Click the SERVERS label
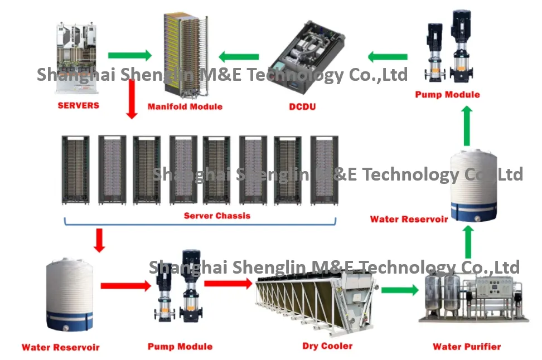(x=79, y=105)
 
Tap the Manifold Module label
(x=185, y=106)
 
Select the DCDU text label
(x=302, y=106)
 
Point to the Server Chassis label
(x=217, y=216)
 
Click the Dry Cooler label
(x=327, y=346)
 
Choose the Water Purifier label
(x=467, y=347)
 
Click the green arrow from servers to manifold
(x=129, y=55)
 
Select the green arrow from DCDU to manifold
(x=239, y=57)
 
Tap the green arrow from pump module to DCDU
(x=388, y=57)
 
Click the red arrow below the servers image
(x=132, y=100)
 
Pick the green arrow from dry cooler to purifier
(x=400, y=290)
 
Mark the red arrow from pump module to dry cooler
(x=228, y=283)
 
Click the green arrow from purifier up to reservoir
(x=468, y=242)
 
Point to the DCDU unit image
(x=306, y=57)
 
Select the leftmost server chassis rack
(x=76, y=170)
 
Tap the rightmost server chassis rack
(x=324, y=171)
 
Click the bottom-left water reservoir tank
(x=70, y=295)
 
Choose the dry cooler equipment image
(x=317, y=302)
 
